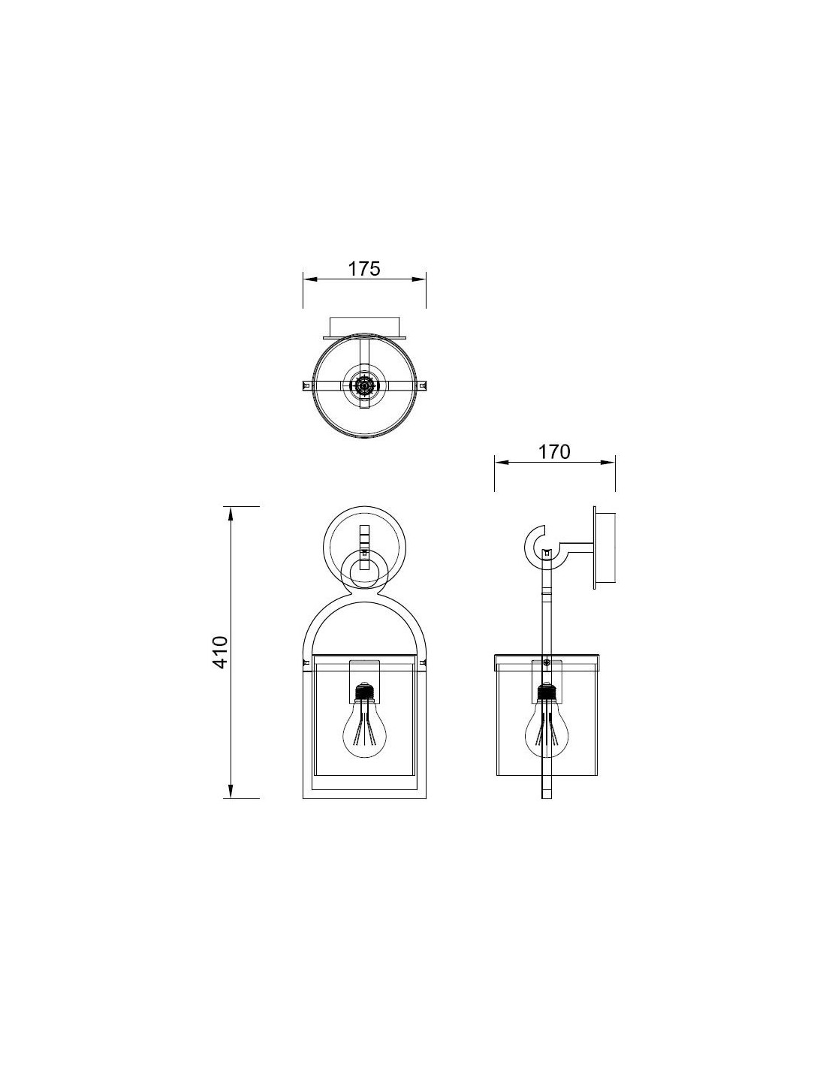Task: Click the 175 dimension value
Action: point(364,269)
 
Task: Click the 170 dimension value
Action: point(554,451)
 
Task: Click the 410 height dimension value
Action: point(221,652)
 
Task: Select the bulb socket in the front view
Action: point(364,690)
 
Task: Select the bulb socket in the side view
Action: point(546,690)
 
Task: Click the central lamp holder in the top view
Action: point(364,386)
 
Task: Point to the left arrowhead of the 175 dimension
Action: point(309,279)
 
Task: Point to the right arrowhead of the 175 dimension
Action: point(420,279)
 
